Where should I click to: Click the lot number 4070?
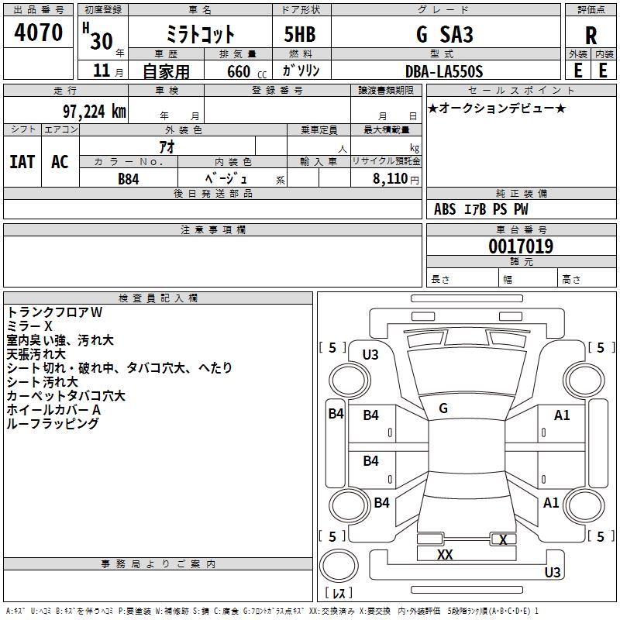click(x=39, y=33)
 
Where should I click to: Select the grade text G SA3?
click(x=444, y=35)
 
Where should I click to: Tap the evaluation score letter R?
click(x=591, y=36)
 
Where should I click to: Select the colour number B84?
click(x=128, y=179)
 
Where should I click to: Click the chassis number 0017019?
click(x=521, y=247)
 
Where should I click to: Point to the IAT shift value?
click(x=22, y=162)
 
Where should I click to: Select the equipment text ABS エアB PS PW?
click(x=481, y=209)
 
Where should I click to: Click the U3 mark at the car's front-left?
click(x=370, y=355)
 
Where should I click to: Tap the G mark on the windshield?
click(x=443, y=408)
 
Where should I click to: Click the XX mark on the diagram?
click(x=445, y=555)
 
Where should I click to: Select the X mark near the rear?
click(x=503, y=540)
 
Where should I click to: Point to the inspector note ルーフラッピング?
click(x=53, y=424)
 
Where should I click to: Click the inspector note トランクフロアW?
click(x=54, y=312)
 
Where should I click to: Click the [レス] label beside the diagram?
click(x=338, y=594)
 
